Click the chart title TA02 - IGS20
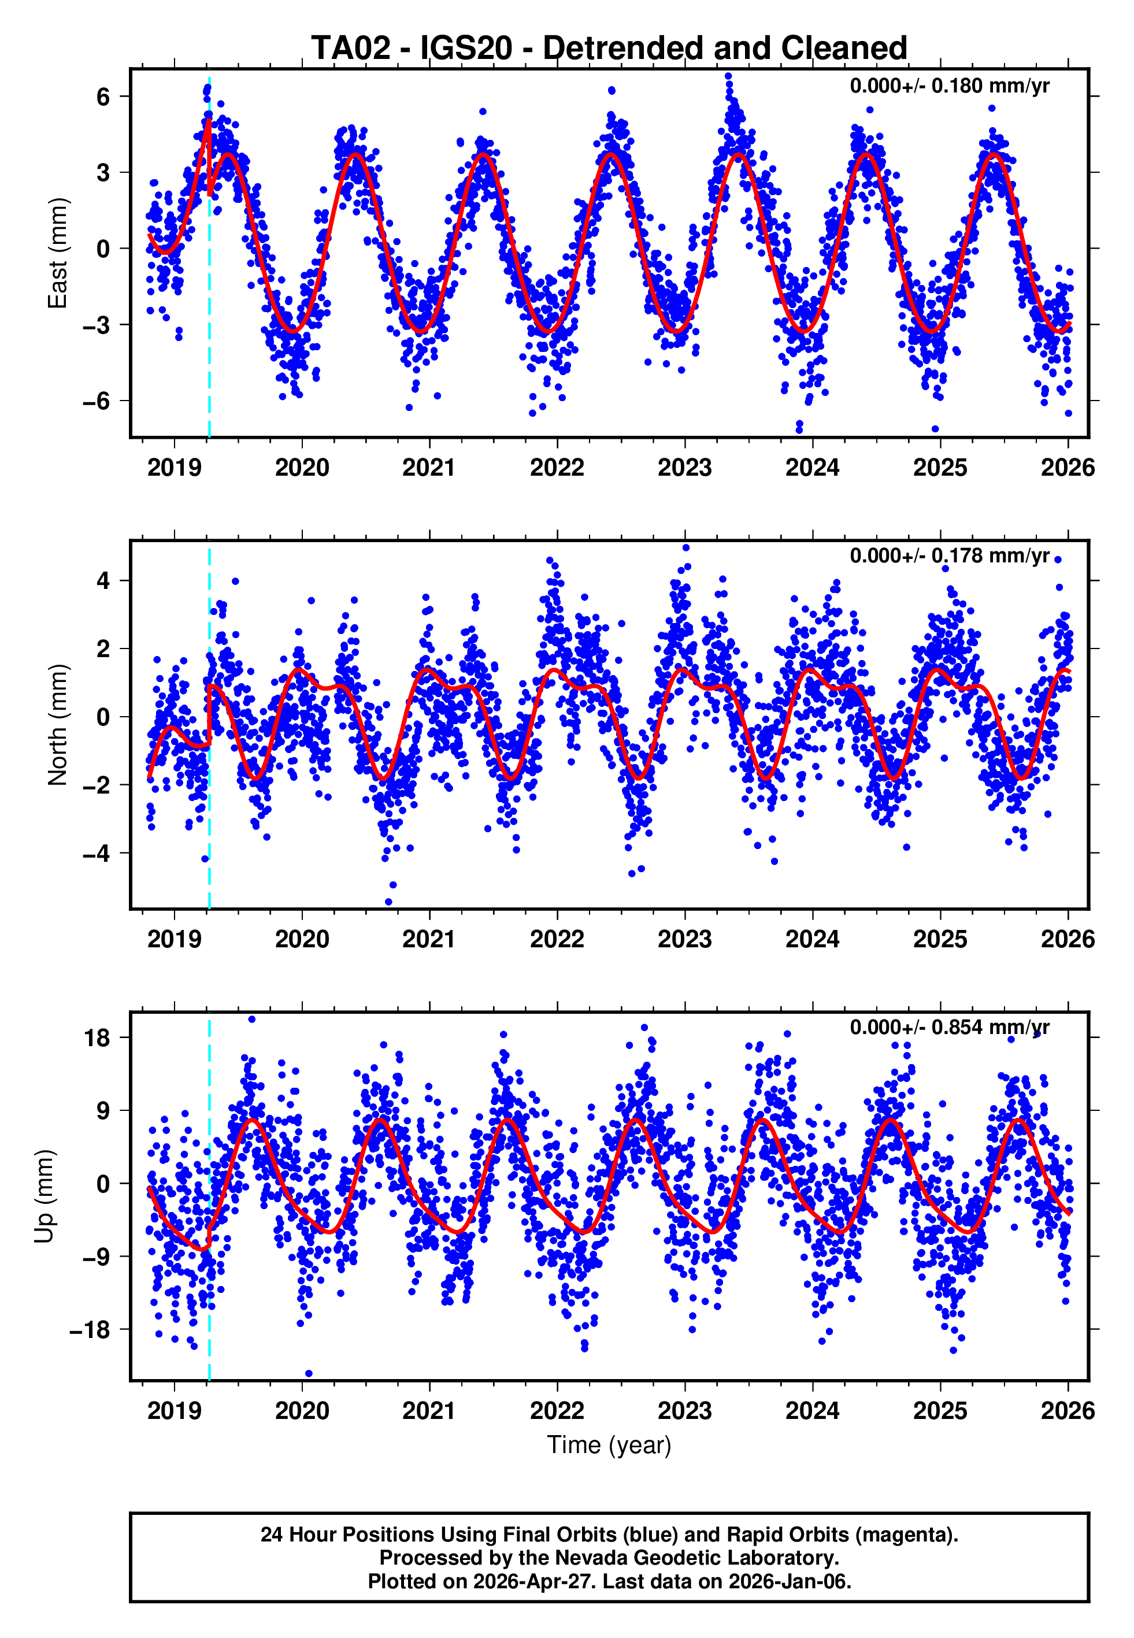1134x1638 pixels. click(609, 49)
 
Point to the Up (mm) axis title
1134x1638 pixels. click(44, 1196)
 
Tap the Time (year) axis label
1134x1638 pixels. click(609, 1446)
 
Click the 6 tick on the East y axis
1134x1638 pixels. click(103, 97)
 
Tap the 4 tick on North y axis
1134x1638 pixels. click(103, 581)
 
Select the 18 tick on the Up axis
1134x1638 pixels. click(97, 1038)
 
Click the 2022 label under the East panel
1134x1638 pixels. click(557, 468)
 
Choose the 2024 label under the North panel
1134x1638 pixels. click(812, 940)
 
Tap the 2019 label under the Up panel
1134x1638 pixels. click(174, 1411)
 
